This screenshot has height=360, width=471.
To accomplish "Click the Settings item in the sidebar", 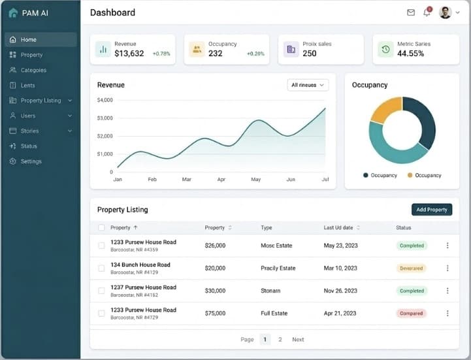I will tap(31, 161).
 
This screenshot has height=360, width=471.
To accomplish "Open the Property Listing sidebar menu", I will tap(41, 101).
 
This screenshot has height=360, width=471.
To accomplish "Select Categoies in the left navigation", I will tap(33, 70).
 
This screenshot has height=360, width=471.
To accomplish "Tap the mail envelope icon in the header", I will tap(411, 12).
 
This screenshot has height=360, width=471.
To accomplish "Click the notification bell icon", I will tap(427, 12).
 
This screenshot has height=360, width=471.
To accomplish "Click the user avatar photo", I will tap(446, 12).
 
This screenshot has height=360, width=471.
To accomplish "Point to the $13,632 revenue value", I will tap(129, 54).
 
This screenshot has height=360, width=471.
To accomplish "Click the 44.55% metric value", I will tap(410, 54).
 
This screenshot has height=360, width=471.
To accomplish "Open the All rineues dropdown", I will tap(308, 85).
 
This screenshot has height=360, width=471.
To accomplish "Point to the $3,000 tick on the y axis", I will tap(105, 118).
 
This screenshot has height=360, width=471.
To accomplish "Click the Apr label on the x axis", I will tap(221, 179).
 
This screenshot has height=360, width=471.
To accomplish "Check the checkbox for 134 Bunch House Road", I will tap(101, 268).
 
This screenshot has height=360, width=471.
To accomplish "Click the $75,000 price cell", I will tap(215, 314).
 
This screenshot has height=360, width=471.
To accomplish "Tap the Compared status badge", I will tap(412, 314).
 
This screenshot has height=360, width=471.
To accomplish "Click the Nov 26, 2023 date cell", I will tap(340, 291).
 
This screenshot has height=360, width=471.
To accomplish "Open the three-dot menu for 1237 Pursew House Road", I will tap(447, 291).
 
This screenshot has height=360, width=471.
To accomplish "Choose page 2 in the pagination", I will tap(280, 340).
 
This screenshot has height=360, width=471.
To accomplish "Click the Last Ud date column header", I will tap(338, 228).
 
